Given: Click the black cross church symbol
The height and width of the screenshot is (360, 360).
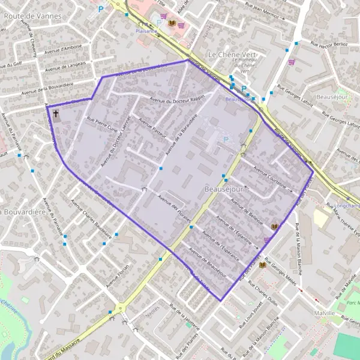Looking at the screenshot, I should pos(56,113).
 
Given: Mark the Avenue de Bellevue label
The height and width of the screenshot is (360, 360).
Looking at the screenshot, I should pos(248,211).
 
